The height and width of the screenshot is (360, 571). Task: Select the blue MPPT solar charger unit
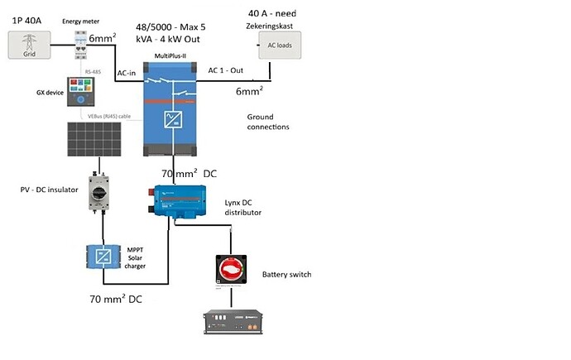coord(104,257)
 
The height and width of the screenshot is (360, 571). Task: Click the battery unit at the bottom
coord(235,324)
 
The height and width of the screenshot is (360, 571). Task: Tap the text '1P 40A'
coord(29,19)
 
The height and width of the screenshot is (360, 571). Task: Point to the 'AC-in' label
coord(126,73)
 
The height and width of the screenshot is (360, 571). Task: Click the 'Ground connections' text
coord(268,122)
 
